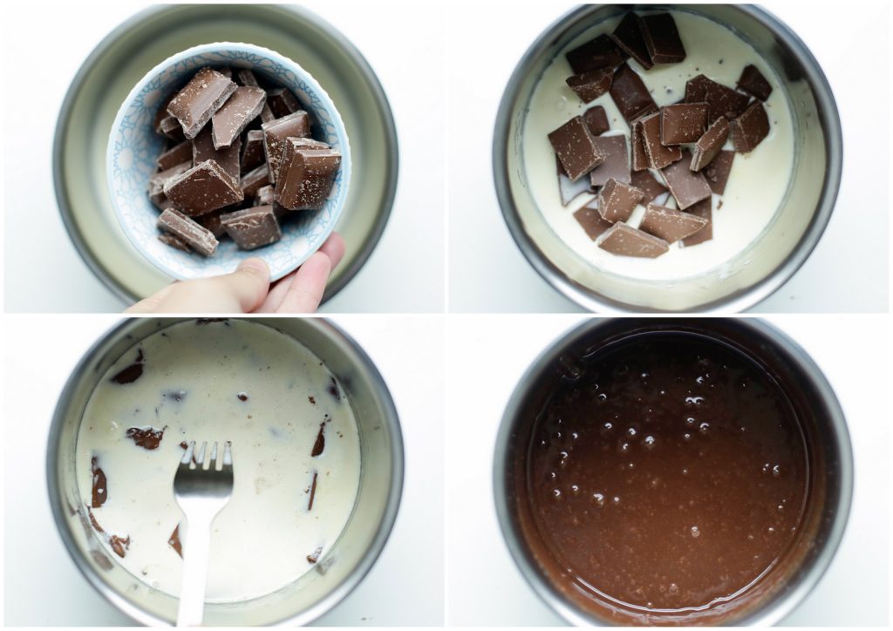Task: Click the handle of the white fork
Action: click(192, 575)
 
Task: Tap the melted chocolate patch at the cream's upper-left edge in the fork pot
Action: click(129, 372)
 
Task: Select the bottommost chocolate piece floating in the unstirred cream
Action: click(632, 241)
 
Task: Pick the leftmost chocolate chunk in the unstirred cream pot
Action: click(575, 147)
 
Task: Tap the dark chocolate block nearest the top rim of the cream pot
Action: click(662, 37)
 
